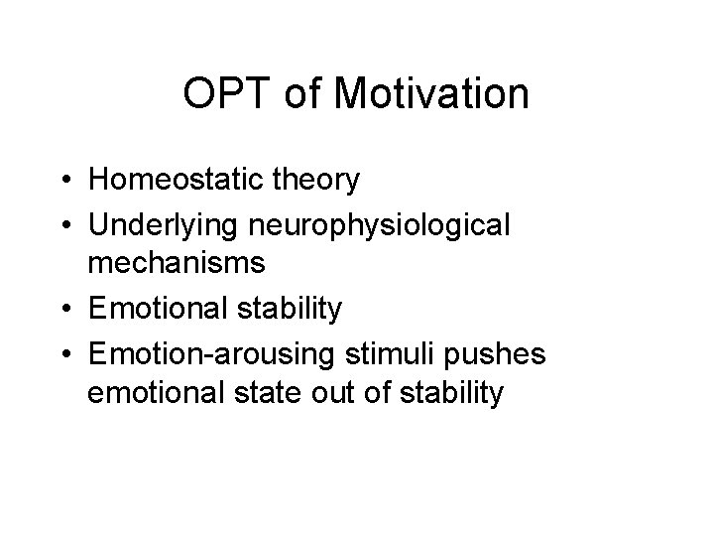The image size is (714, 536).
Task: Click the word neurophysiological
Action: (x=381, y=224)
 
